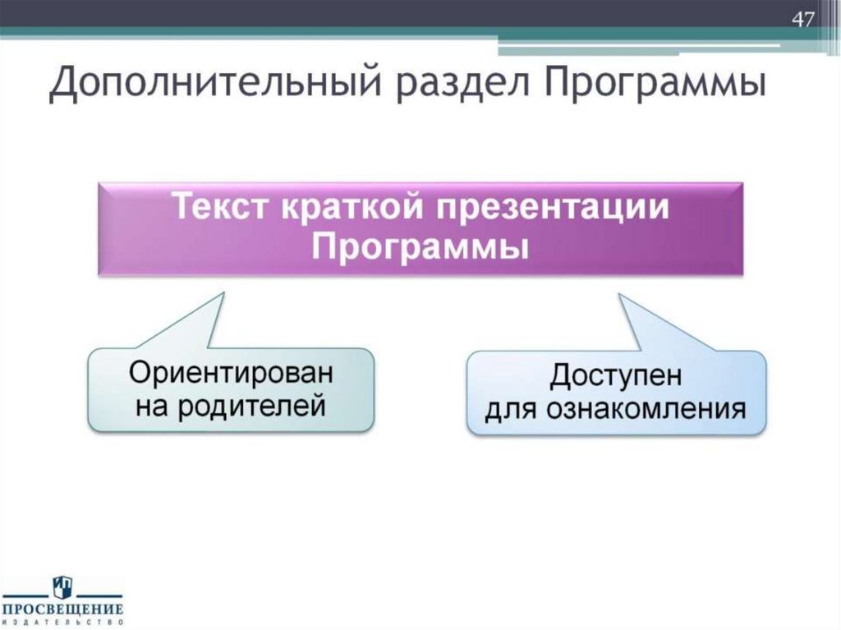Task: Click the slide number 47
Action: point(802,18)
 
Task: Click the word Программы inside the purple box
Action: point(420,245)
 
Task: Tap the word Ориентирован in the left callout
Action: point(231,372)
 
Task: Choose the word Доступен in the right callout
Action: point(616,377)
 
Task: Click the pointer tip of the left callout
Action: point(223,292)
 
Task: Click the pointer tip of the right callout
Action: point(620,294)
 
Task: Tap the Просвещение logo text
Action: point(62,609)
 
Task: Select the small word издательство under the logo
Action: point(62,623)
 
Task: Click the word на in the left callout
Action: point(152,405)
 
